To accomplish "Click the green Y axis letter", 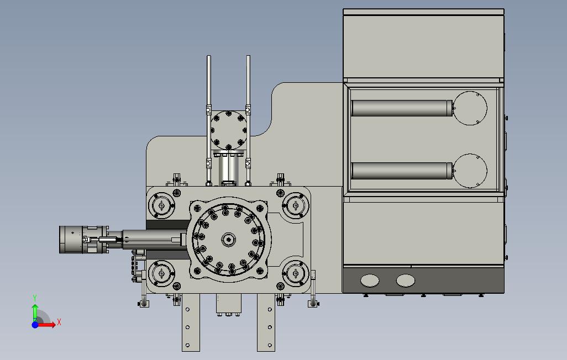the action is (35, 298).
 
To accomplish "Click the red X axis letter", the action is (59, 322).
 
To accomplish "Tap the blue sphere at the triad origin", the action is (35, 325).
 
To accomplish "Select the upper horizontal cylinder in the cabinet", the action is (402, 108).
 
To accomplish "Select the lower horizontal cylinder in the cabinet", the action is (402, 171).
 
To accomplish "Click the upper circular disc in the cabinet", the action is (470, 108).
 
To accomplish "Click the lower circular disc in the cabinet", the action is (470, 171).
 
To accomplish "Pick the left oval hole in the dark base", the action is (370, 280).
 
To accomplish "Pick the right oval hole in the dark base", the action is (406, 280).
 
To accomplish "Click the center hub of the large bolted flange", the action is (229, 239).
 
